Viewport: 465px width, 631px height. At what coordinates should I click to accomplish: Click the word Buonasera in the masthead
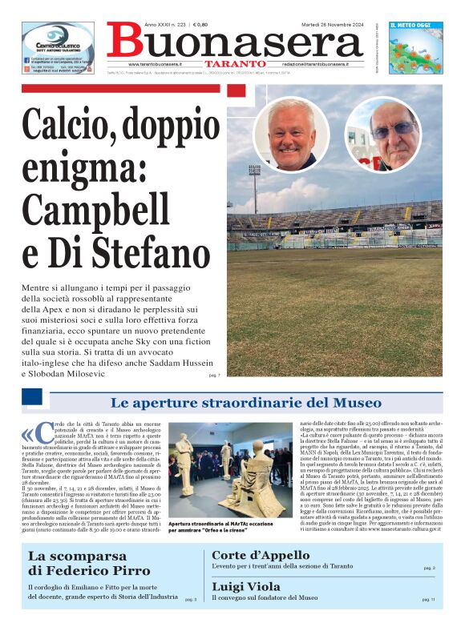click(233, 41)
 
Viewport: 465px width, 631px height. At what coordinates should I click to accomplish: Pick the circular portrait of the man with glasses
click(382, 135)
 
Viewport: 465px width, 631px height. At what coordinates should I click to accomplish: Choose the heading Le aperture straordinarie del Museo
click(246, 402)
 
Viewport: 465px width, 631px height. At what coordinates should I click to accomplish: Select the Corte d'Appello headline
click(261, 555)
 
